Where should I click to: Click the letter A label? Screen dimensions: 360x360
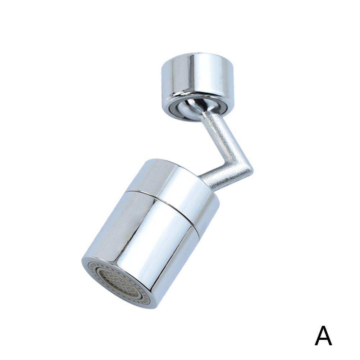click(x=323, y=336)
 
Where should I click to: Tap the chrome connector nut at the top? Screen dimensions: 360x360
click(x=197, y=77)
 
